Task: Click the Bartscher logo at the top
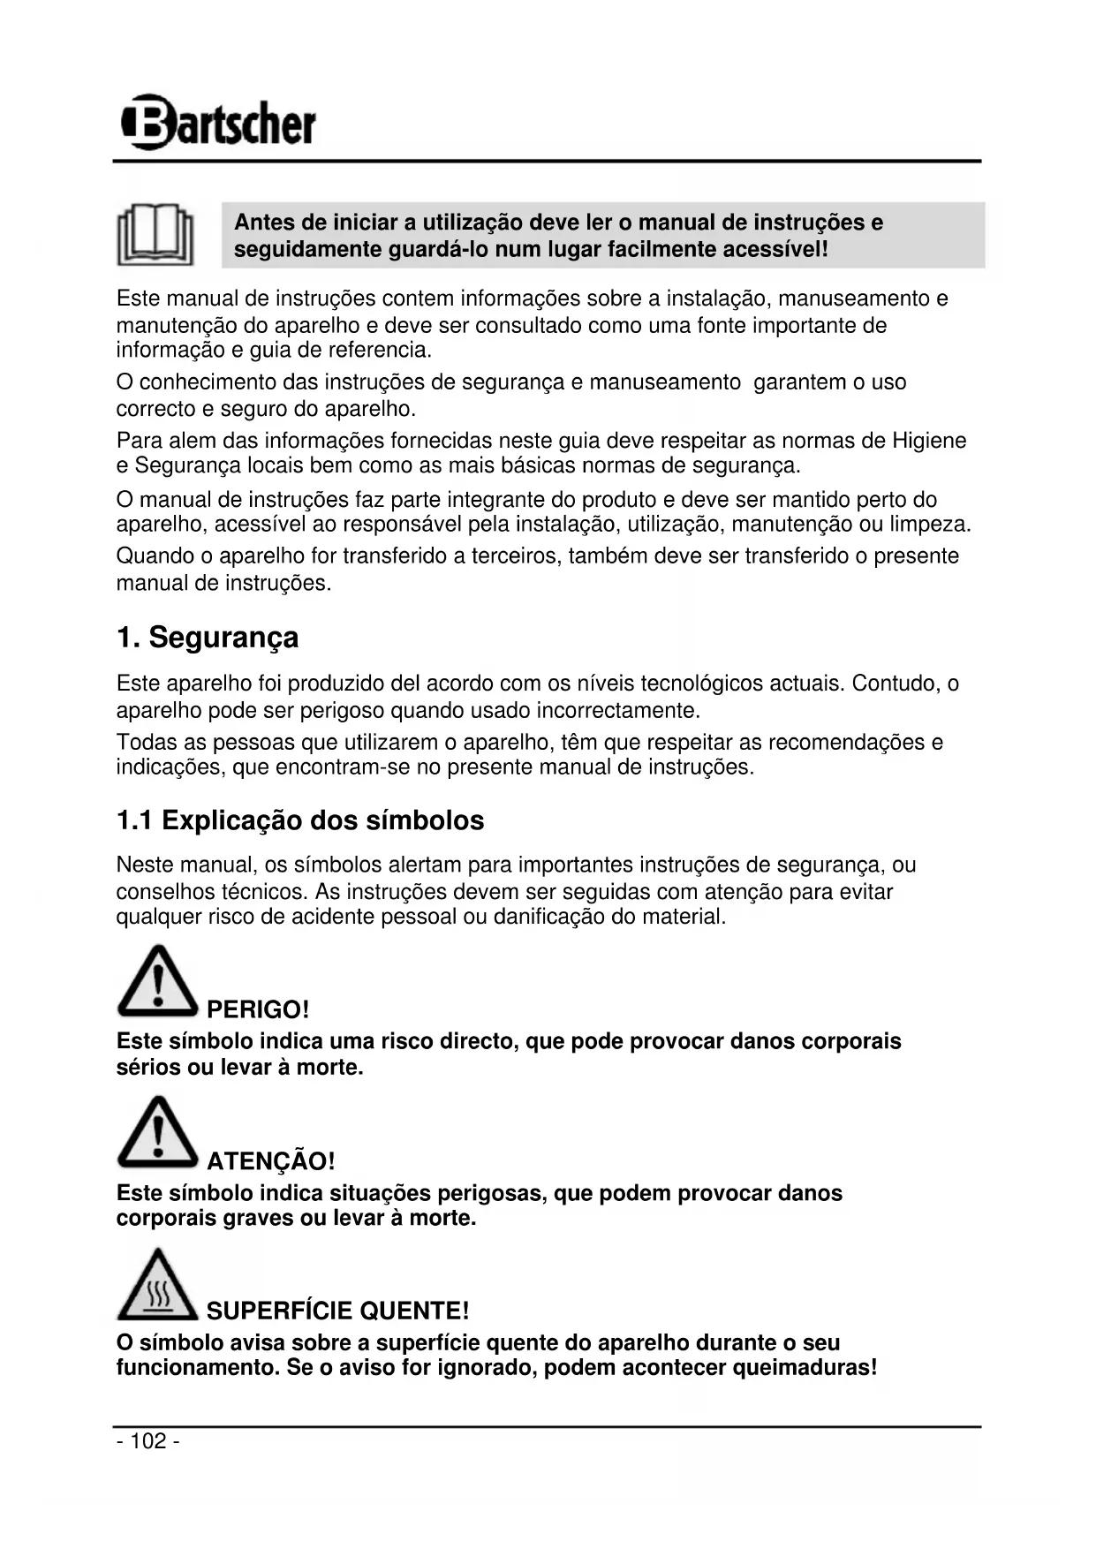click(x=218, y=122)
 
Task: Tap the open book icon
click(x=155, y=234)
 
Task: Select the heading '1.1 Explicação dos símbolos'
click(x=300, y=820)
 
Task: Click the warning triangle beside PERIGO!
click(x=156, y=982)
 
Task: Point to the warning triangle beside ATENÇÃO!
click(x=156, y=1133)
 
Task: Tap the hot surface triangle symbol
click(x=156, y=1285)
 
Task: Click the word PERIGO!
click(x=258, y=1009)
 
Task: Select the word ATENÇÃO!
click(x=270, y=1160)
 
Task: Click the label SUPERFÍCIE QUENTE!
click(x=337, y=1311)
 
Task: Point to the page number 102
click(x=148, y=1441)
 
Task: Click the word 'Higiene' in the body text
click(x=929, y=440)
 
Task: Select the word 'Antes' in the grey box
click(x=264, y=223)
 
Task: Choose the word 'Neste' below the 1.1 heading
click(x=143, y=865)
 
